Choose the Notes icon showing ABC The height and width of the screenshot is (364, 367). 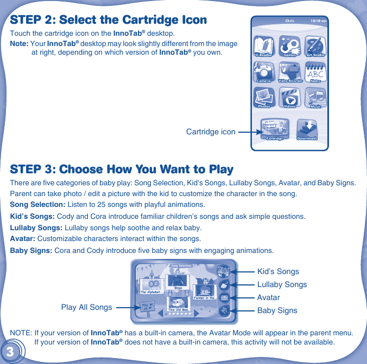point(315,72)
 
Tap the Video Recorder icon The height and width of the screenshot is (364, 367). point(289,72)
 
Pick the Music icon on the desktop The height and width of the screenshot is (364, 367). point(315,98)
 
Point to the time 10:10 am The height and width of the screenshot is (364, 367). point(318,21)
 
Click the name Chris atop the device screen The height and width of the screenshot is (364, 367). point(289,21)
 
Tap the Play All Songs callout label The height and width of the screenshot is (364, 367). point(86,307)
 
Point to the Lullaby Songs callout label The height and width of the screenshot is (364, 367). point(282,284)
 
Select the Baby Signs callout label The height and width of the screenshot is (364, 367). point(277,310)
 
